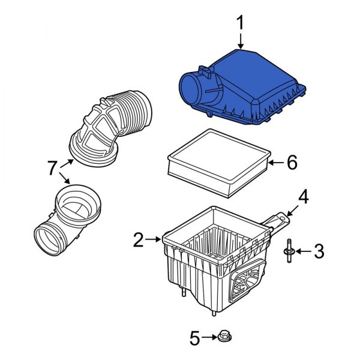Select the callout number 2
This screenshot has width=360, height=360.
[139, 240]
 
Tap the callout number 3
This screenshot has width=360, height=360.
[319, 251]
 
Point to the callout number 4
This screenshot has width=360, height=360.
[304, 197]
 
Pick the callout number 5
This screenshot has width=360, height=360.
[194, 338]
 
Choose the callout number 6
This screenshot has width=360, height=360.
[292, 162]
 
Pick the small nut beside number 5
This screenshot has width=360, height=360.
[226, 337]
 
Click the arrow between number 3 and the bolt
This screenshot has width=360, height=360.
[302, 252]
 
